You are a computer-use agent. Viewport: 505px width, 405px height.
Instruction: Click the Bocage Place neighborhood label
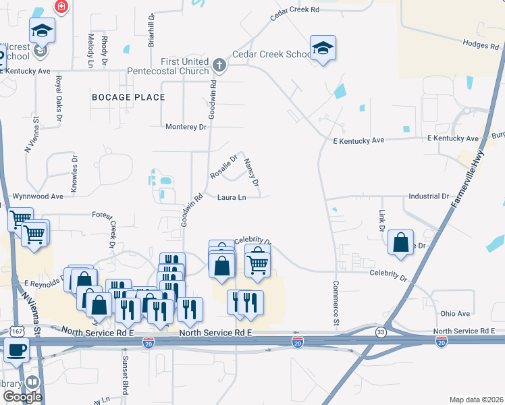pyautogui.click(x=128, y=97)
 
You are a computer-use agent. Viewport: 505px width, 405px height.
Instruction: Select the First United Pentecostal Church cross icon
pyautogui.click(x=218, y=65)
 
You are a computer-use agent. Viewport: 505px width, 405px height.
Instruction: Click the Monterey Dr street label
pyautogui.click(x=186, y=127)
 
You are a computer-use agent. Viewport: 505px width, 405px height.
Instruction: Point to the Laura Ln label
pyautogui.click(x=231, y=197)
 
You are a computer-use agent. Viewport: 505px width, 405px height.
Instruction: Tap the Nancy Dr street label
pyautogui.click(x=251, y=173)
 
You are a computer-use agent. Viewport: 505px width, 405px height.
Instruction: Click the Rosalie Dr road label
pyautogui.click(x=224, y=167)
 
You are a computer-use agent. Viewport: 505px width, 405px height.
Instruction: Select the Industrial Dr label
pyautogui.click(x=428, y=196)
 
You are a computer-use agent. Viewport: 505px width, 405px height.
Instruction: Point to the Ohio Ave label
pyautogui.click(x=454, y=314)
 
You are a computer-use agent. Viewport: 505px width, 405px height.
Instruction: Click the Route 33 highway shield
pyautogui.click(x=381, y=332)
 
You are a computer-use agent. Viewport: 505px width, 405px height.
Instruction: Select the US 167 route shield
pyautogui.click(x=17, y=331)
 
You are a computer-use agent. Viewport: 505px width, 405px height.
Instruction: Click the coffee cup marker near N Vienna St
pyautogui.click(x=17, y=350)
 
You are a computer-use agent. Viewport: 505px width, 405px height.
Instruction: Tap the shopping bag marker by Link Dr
pyautogui.click(x=401, y=242)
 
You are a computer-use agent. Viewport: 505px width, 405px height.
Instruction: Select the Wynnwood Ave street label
pyautogui.click(x=38, y=196)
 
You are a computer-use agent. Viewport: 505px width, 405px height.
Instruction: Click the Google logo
pyautogui.click(x=22, y=397)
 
